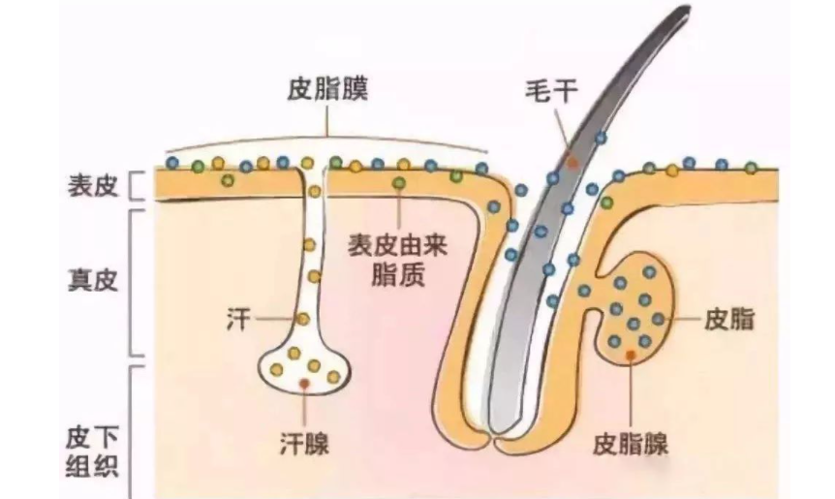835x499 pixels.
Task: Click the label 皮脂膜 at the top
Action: pyautogui.click(x=328, y=89)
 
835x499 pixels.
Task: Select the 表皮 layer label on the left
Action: pyautogui.click(x=93, y=184)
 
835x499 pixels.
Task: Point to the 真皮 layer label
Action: pyautogui.click(x=93, y=280)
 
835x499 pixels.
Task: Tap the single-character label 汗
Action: pyautogui.click(x=236, y=319)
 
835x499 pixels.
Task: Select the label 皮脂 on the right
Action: pyautogui.click(x=727, y=319)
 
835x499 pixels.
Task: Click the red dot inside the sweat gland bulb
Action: pyautogui.click(x=305, y=385)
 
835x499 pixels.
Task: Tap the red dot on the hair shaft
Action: pyautogui.click(x=572, y=163)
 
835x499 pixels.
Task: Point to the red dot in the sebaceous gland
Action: pyautogui.click(x=631, y=356)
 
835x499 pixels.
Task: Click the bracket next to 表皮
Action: pyautogui.click(x=137, y=184)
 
